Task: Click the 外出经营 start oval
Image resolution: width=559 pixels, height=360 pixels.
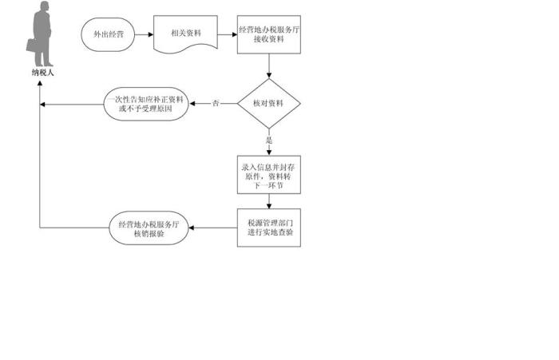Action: pos(108,34)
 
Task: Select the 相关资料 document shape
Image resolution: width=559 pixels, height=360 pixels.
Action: pos(185,34)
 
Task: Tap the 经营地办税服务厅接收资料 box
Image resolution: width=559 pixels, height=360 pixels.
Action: pos(269,34)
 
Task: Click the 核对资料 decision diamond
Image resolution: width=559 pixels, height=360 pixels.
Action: pos(269,103)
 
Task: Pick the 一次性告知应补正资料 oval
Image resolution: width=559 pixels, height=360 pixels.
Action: pos(146,104)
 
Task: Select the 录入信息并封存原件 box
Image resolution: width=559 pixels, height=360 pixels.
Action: pos(269,175)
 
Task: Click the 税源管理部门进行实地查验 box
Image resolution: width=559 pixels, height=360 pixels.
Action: pos(269,227)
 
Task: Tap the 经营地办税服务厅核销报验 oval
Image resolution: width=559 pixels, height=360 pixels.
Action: pos(149,228)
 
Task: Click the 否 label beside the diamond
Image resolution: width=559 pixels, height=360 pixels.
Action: pos(216,103)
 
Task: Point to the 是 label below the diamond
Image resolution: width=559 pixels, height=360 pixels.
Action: pos(269,140)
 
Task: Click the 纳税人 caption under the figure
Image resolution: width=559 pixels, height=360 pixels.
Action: pos(42,73)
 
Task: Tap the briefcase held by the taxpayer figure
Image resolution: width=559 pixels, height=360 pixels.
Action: pos(32,45)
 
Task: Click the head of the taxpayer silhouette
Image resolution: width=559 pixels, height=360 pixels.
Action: pos(44,6)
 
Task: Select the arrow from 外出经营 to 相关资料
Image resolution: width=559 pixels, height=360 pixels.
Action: pos(144,34)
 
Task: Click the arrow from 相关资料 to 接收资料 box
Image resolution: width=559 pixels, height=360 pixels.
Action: pos(228,34)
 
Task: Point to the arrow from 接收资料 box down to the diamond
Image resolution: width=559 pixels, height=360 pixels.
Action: pos(269,66)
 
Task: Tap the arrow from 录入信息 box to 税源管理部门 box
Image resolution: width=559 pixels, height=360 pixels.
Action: pos(269,201)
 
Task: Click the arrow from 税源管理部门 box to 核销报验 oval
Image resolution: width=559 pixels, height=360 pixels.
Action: pos(213,227)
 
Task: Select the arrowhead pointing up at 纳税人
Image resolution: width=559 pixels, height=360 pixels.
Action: pos(40,83)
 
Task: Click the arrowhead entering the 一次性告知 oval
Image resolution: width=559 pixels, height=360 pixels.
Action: pos(192,104)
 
